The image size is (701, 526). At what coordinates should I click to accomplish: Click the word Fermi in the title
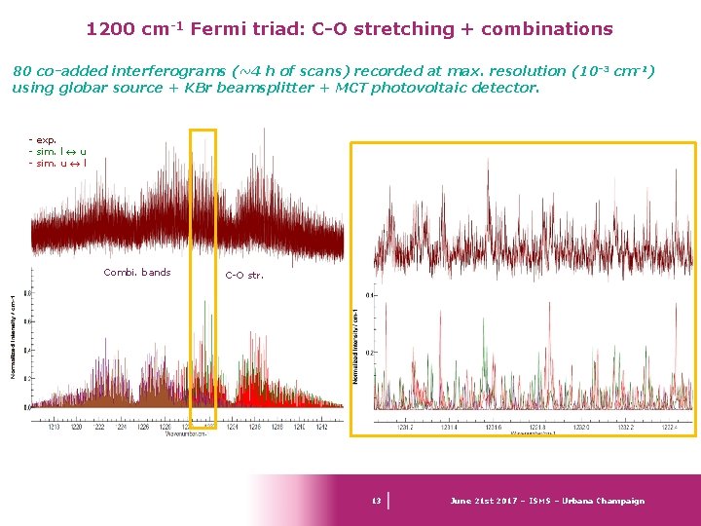[218, 29]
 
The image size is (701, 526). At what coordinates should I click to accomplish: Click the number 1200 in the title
[109, 29]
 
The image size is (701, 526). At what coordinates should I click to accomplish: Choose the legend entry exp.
[45, 140]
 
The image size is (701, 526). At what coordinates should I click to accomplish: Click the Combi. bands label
[136, 272]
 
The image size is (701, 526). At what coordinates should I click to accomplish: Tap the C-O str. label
[244, 275]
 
